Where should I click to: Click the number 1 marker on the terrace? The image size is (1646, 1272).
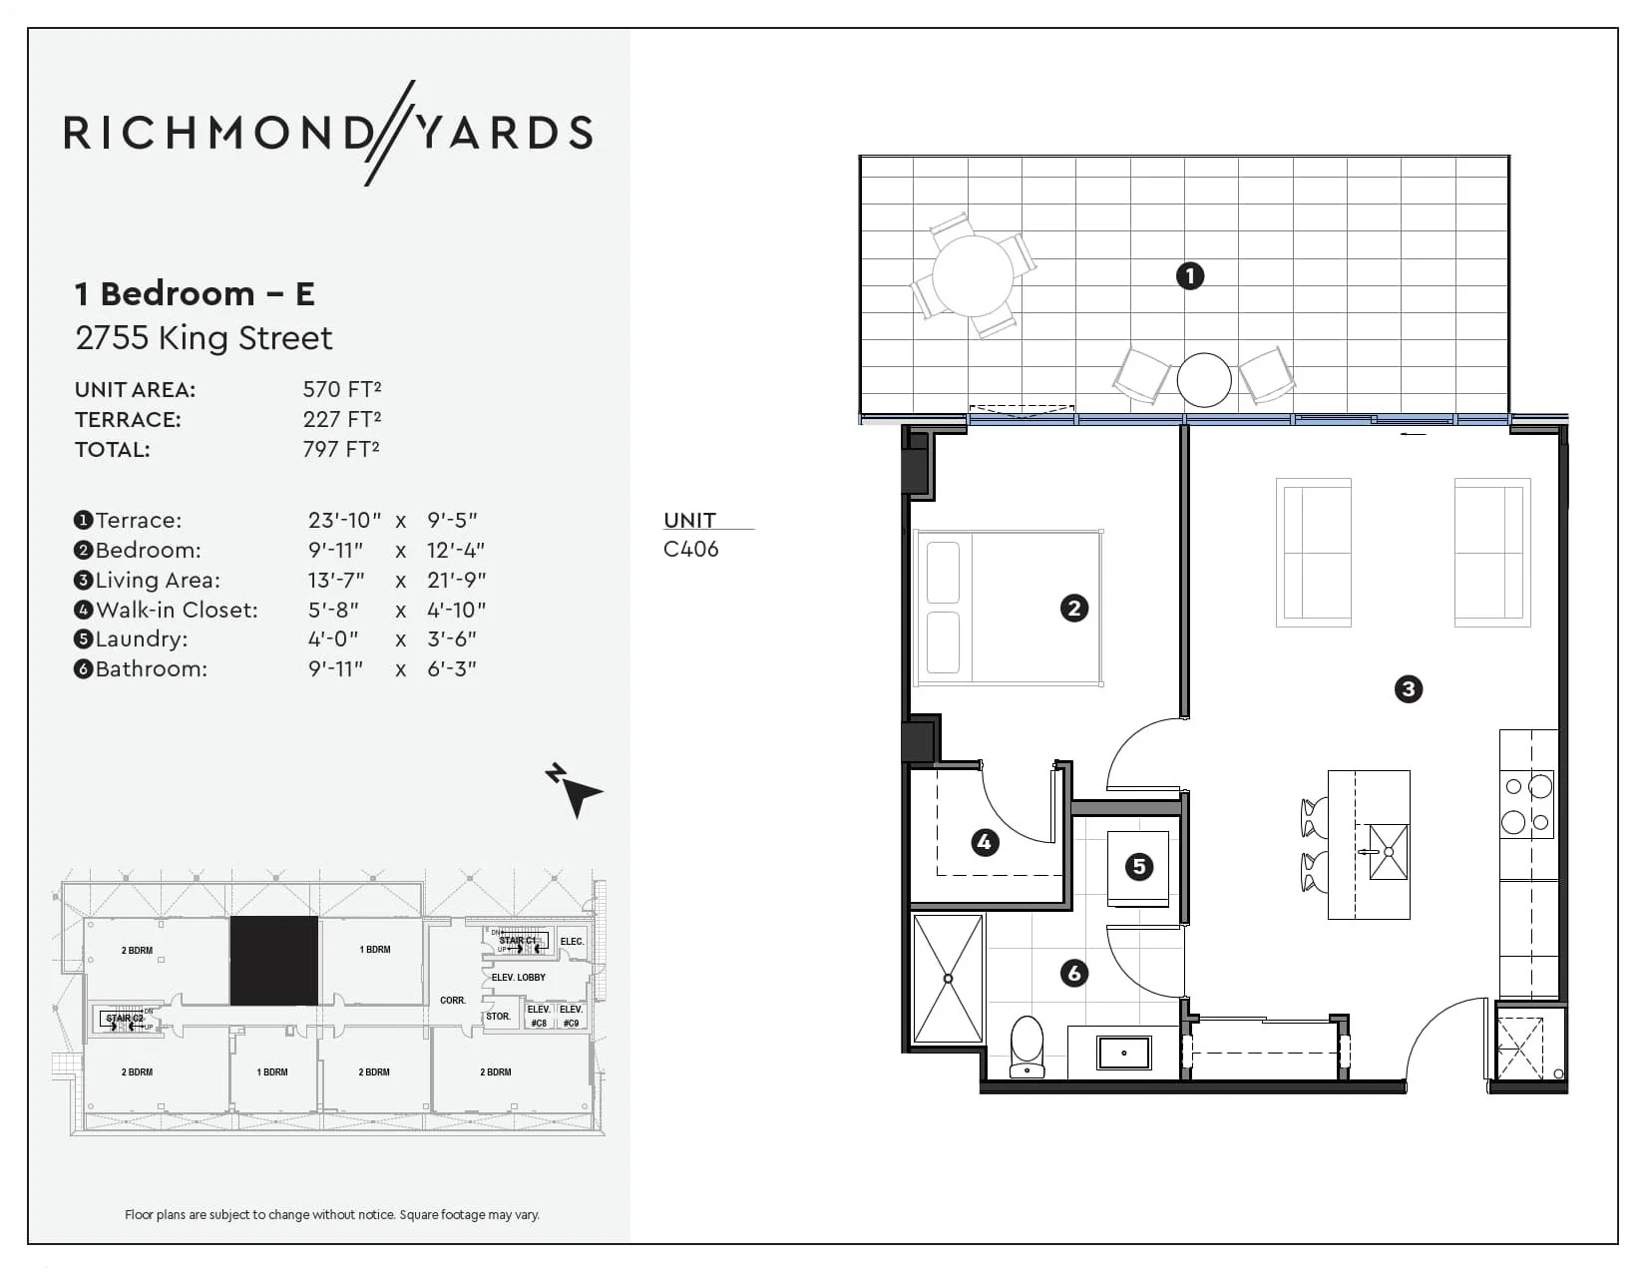tap(1189, 275)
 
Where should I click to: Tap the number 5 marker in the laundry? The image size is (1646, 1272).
tap(1138, 866)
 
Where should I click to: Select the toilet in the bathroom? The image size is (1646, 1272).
tap(1027, 1047)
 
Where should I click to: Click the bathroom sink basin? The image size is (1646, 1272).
tap(1124, 1053)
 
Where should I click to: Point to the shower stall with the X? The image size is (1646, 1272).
tap(948, 979)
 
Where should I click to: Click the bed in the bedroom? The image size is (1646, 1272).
tap(1009, 608)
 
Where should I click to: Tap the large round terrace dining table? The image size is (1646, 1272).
tap(973, 274)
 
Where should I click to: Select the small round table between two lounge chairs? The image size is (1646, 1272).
tap(1204, 380)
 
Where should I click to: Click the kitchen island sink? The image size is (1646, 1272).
tap(1389, 852)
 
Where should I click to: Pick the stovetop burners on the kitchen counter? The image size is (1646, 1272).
tap(1527, 804)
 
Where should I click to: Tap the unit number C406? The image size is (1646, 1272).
tap(690, 549)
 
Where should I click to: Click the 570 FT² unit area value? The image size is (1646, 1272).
tap(342, 389)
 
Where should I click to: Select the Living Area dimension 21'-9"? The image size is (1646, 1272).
tap(457, 580)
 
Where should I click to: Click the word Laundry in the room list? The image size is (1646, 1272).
tap(142, 638)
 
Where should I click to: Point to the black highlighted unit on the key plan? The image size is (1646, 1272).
tap(274, 961)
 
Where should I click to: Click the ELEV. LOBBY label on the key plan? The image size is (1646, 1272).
tap(518, 978)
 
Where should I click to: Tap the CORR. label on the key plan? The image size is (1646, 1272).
tap(453, 1000)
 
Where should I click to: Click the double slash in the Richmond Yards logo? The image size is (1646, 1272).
tap(389, 133)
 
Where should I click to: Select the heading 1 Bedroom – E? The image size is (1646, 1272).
tap(196, 293)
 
